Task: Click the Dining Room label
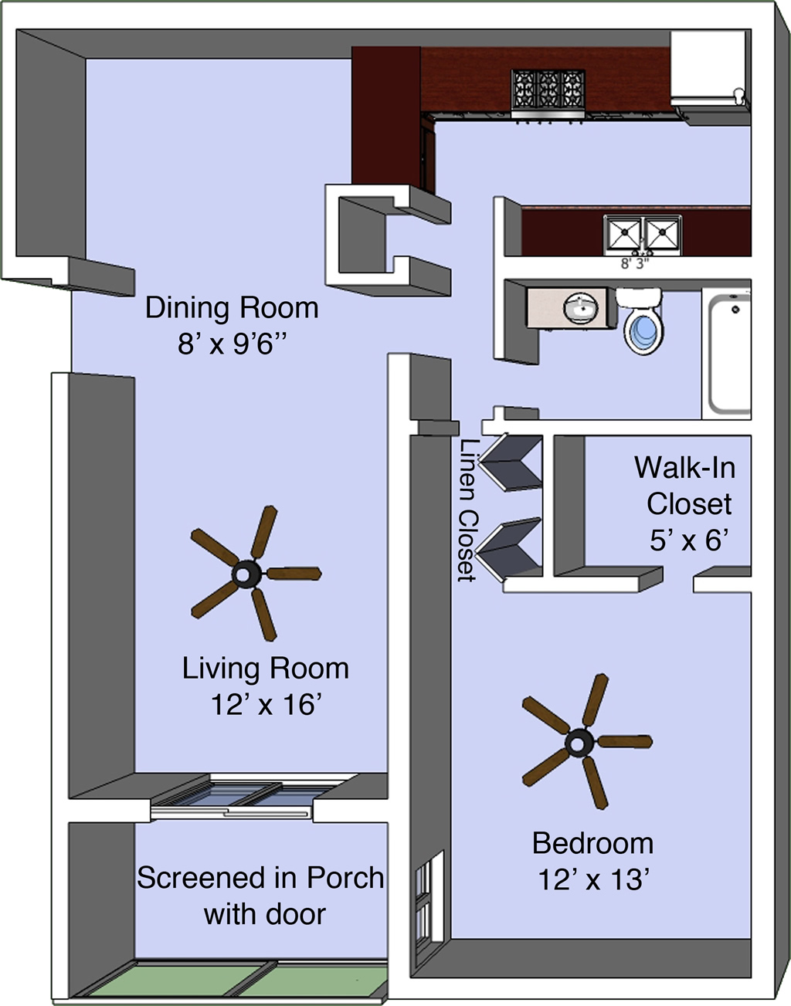(x=232, y=308)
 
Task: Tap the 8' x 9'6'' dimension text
(x=232, y=345)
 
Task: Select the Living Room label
(x=266, y=669)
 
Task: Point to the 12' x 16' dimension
(x=266, y=706)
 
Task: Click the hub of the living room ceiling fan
(x=246, y=574)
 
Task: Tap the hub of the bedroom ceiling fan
(x=579, y=743)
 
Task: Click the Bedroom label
(x=592, y=844)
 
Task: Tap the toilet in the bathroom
(x=641, y=320)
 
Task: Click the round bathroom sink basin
(x=581, y=307)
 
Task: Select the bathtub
(x=725, y=354)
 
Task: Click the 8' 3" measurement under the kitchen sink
(x=635, y=264)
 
